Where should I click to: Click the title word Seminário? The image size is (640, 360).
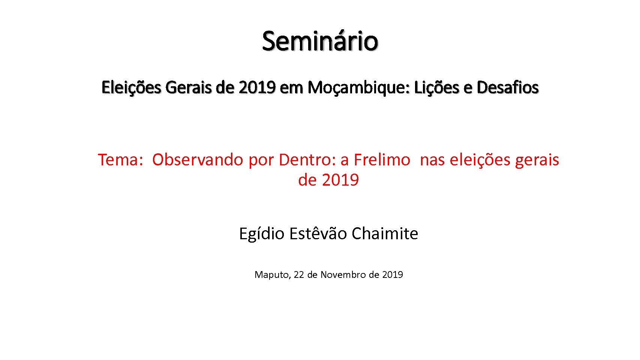pyautogui.click(x=320, y=41)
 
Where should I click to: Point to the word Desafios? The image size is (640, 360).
pyautogui.click(x=508, y=87)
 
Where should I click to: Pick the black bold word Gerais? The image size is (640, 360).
pyautogui.click(x=189, y=87)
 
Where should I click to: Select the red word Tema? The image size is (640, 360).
pyautogui.click(x=120, y=160)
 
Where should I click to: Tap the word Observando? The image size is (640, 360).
pyautogui.click(x=198, y=160)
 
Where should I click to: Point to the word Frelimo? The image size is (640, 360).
pyautogui.click(x=382, y=160)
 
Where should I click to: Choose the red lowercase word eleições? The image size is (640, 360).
pyautogui.click(x=480, y=160)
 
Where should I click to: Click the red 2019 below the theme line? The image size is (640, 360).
pyautogui.click(x=340, y=180)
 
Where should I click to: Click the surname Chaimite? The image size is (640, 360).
pyautogui.click(x=385, y=233)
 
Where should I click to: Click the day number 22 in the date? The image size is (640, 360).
pyautogui.click(x=298, y=274)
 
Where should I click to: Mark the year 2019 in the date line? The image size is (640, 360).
pyautogui.click(x=393, y=274)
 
